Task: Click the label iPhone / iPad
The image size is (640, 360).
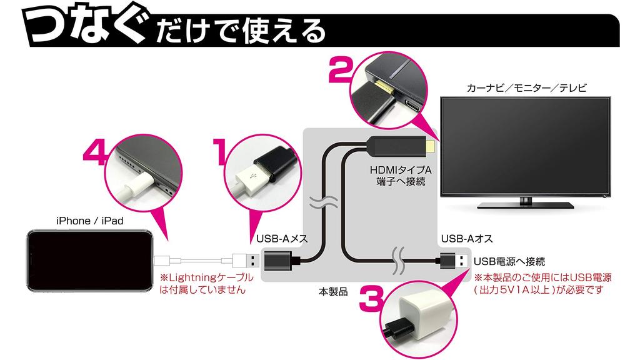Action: point(89,221)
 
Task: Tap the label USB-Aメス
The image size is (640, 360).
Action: point(281,238)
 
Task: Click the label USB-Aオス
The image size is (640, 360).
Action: point(467,238)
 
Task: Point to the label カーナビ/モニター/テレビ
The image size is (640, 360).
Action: point(527,88)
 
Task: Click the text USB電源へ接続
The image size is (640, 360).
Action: point(509,261)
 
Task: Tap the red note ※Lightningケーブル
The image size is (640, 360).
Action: point(206,277)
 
